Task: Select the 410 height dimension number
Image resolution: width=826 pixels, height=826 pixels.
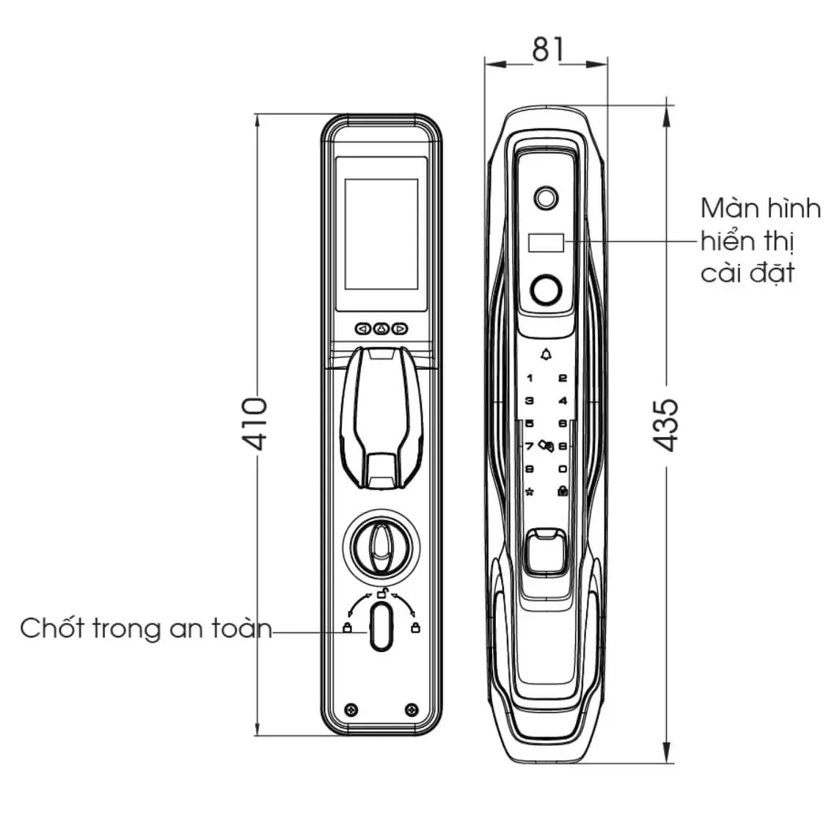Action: (255, 423)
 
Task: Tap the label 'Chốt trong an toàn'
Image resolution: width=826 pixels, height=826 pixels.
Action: (146, 628)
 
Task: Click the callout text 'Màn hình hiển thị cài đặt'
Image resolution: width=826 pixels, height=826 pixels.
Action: (760, 241)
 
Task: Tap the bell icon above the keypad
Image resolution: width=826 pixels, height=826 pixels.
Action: (547, 355)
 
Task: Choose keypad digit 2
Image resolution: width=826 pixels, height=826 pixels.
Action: (563, 378)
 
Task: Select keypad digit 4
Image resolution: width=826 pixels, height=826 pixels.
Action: (563, 401)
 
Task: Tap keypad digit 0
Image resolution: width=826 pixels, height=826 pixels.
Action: (563, 469)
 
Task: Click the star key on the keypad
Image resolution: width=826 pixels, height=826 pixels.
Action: (530, 492)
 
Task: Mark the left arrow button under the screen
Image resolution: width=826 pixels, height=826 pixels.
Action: (362, 329)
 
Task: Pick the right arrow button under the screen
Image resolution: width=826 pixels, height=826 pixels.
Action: (401, 329)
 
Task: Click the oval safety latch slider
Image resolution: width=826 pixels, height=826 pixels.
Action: (381, 627)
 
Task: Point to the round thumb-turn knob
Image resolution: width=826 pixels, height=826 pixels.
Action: (381, 547)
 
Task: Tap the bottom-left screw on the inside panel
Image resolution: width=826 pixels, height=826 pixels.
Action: (351, 709)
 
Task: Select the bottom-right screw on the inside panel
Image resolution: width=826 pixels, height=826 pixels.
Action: (412, 709)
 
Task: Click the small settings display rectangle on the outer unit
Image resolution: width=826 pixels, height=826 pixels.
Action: (546, 243)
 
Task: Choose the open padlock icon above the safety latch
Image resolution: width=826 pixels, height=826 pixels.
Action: (382, 593)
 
